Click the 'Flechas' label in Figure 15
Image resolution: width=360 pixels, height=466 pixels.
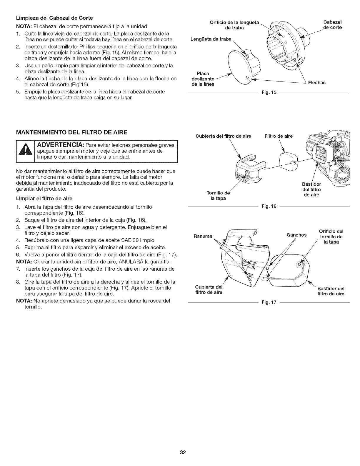pos(316,83)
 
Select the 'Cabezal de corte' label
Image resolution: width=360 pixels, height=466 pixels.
pos(332,25)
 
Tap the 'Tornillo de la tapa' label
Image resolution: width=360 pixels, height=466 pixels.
pos(218,196)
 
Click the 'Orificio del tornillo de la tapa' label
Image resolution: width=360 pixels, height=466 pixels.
pos(331,236)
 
